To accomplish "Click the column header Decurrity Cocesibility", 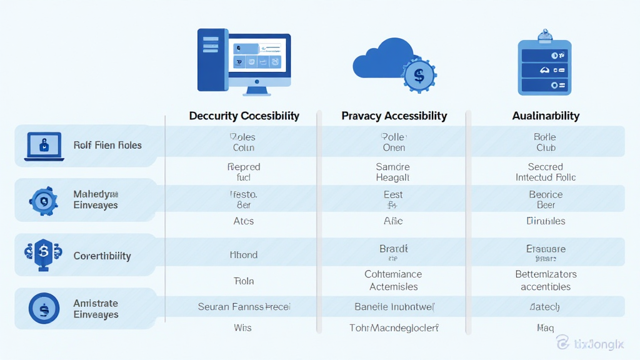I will tap(244, 116).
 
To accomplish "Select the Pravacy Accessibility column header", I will tap(394, 116).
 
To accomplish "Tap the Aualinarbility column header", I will tap(546, 116).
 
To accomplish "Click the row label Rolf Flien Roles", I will tap(107, 145).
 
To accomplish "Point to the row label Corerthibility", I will tap(102, 256).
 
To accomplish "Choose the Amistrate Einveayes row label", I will tap(96, 309).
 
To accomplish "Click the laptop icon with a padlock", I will tap(44, 146).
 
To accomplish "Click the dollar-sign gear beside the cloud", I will tap(419, 76).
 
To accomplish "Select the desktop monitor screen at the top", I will tap(259, 55).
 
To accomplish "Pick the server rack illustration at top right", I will tap(544, 66).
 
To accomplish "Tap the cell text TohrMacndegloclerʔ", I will tap(394, 327).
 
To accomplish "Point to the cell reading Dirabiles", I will tap(546, 221).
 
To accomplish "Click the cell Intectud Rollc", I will tap(546, 177).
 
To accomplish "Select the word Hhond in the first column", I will tap(244, 255).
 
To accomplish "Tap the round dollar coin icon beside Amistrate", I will tap(44, 308).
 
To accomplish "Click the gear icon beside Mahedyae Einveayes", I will tap(44, 201).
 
